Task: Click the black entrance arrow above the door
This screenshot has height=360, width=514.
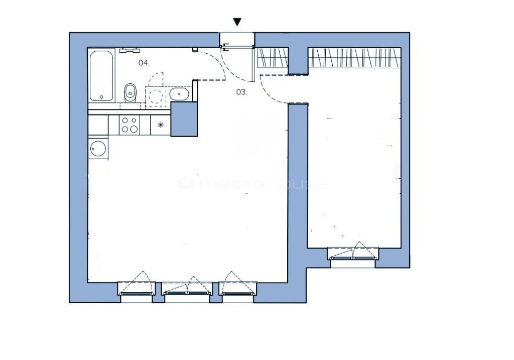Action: [237, 22]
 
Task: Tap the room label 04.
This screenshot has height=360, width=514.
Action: [144, 63]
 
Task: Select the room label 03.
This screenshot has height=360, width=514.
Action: [241, 92]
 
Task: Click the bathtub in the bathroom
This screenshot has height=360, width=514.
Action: [101, 75]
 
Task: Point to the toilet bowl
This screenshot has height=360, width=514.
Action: [130, 93]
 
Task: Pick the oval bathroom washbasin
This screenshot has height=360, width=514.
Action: [179, 94]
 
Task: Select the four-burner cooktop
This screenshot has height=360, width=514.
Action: [130, 125]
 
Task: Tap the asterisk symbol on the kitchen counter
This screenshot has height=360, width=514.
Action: [160, 125]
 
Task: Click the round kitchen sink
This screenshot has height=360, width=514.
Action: [98, 149]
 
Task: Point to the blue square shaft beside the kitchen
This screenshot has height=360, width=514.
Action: [184, 119]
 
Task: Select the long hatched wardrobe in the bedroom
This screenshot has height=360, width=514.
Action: [355, 58]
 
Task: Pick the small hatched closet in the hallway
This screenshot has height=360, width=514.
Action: [273, 58]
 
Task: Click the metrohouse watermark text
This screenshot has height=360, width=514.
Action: [253, 183]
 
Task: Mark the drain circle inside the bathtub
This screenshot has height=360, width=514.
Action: [101, 97]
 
